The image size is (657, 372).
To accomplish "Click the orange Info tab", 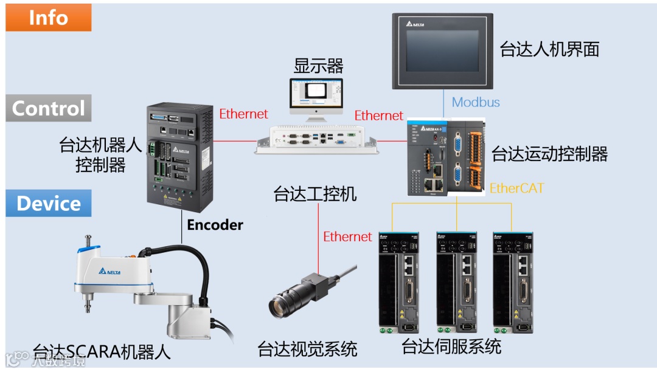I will [x=49, y=17].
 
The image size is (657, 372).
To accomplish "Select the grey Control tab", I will [x=49, y=108].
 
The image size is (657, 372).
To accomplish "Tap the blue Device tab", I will [x=49, y=204].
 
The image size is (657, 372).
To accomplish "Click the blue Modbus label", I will [x=476, y=102].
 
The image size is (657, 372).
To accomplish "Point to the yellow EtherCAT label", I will [x=516, y=188].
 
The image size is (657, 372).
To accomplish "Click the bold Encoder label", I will [x=215, y=225].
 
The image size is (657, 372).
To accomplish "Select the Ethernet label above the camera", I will [x=347, y=236].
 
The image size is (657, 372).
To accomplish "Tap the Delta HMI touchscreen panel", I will [x=442, y=51].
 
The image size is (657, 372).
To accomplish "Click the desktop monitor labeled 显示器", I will [x=316, y=96].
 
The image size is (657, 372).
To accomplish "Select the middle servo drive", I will [x=456, y=283].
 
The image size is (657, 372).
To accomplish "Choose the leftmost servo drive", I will [x=399, y=283].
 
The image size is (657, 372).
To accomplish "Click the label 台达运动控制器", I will [x=549, y=154].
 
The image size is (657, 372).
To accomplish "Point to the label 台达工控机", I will [x=315, y=195].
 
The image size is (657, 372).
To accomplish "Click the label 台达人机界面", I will [x=549, y=49].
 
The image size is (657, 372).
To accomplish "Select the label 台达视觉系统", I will [x=307, y=350].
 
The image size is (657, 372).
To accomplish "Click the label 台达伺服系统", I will [x=451, y=346].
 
